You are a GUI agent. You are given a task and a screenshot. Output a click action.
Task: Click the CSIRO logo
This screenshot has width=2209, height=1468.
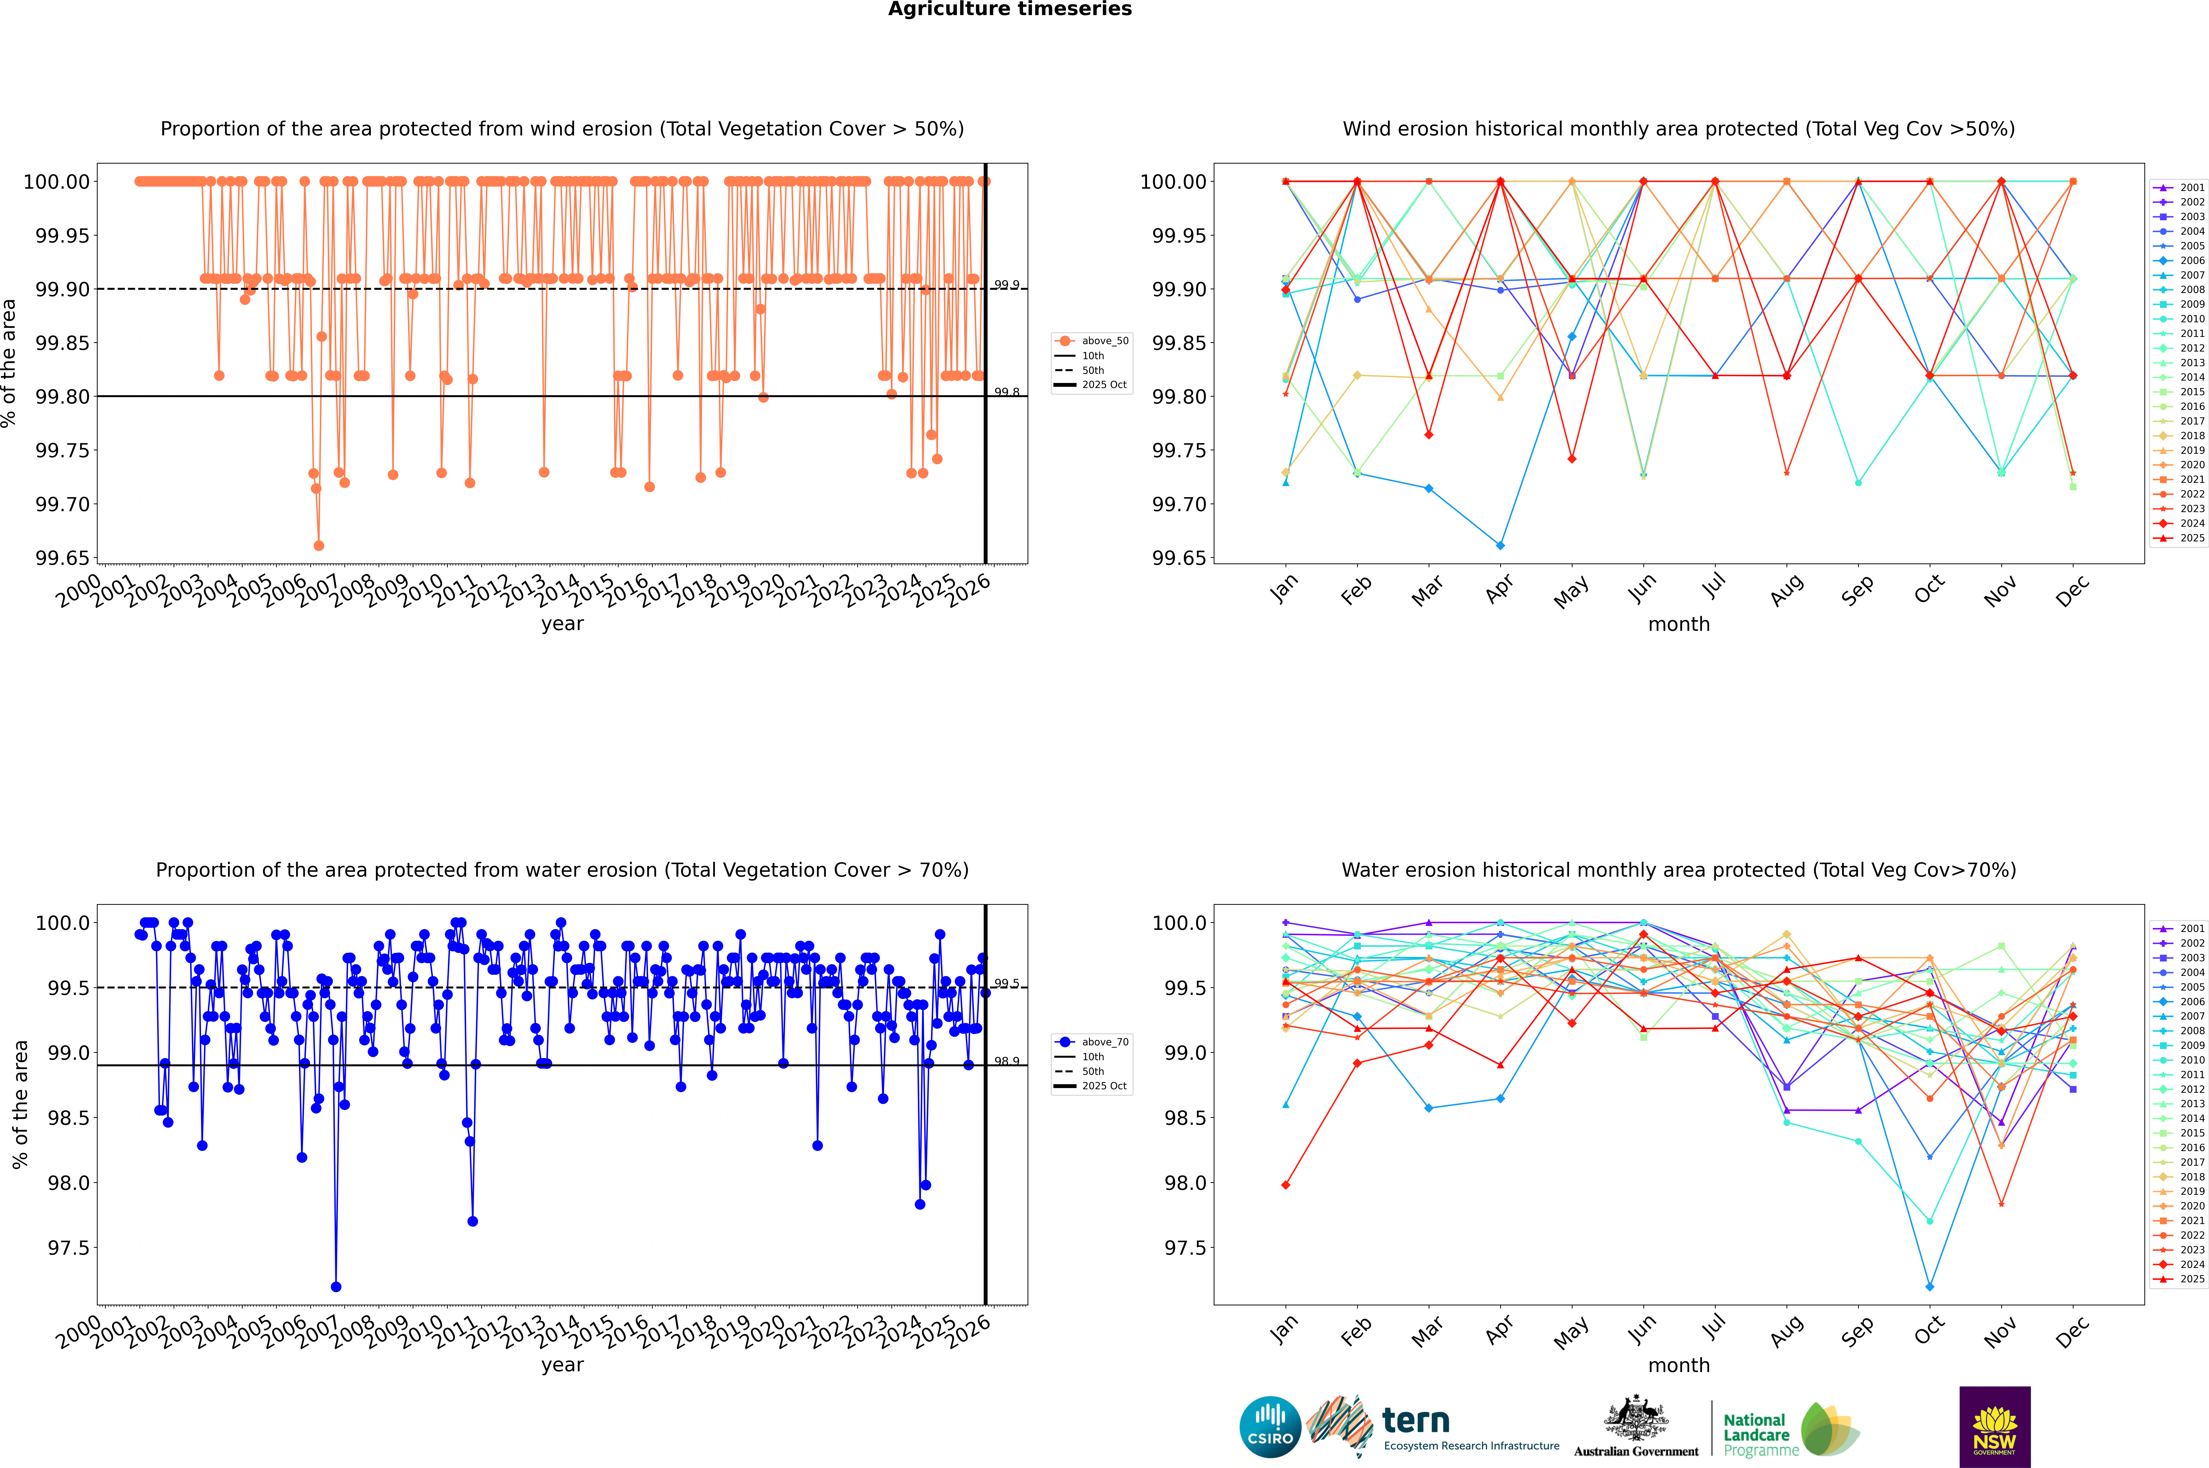coord(1270,1427)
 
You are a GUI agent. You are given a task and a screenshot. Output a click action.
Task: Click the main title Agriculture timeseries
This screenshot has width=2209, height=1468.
coord(1009,9)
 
